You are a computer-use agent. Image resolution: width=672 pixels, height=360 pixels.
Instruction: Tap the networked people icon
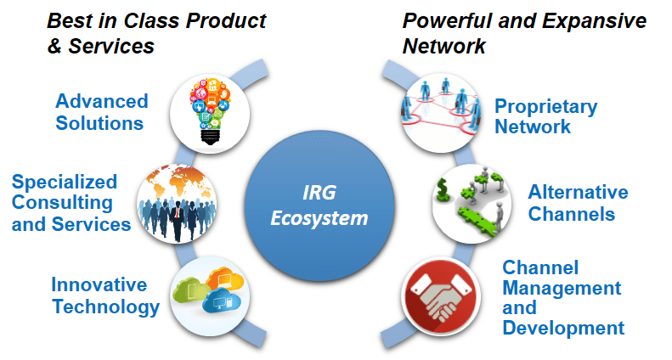(x=439, y=106)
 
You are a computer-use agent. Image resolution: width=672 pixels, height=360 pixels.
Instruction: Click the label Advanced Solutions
(x=101, y=112)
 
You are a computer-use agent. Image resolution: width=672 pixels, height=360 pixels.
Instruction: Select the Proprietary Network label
(x=545, y=117)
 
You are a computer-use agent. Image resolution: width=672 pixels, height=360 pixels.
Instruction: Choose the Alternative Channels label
(x=578, y=203)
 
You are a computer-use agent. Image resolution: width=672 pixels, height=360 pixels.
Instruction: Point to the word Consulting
(x=62, y=203)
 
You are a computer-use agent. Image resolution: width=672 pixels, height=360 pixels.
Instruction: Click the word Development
(x=563, y=328)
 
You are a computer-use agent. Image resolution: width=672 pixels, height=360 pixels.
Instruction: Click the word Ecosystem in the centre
(x=319, y=218)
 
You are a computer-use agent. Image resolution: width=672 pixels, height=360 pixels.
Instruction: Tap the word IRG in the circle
(x=319, y=194)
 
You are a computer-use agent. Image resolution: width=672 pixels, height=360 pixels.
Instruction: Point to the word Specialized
(x=65, y=182)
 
